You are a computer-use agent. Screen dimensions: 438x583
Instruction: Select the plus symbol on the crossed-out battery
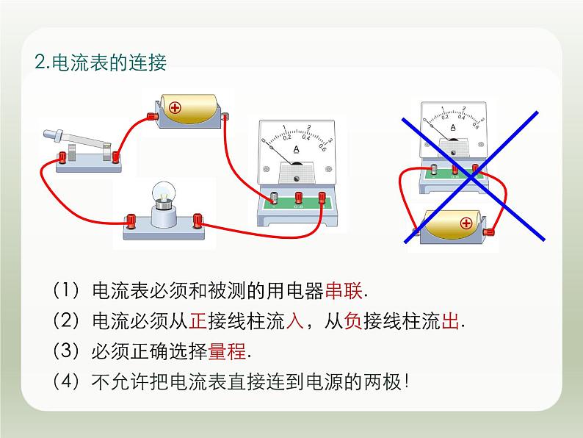(465, 223)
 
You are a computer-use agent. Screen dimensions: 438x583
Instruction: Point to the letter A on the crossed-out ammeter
(452, 126)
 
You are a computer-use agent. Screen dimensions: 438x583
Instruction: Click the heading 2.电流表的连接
(101, 62)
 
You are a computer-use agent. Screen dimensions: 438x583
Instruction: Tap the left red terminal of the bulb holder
(131, 219)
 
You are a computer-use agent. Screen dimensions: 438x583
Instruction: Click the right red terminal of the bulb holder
(197, 219)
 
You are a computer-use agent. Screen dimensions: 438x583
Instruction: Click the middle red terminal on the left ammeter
(299, 196)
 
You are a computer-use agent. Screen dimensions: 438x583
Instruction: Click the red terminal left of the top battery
(153, 115)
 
